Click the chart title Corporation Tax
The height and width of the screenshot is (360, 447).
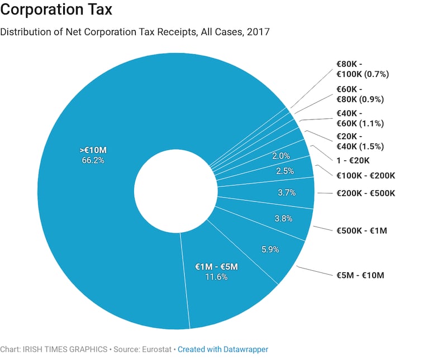(x=56, y=10)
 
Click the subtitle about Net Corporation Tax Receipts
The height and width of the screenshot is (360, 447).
(x=135, y=32)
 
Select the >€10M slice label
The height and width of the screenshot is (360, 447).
(x=92, y=150)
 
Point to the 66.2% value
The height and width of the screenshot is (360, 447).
(x=92, y=160)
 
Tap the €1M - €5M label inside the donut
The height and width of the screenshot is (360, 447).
(x=216, y=267)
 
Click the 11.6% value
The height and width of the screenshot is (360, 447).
(x=216, y=277)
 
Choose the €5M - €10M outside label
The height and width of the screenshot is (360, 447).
(x=360, y=275)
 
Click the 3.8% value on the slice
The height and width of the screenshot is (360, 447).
(x=283, y=218)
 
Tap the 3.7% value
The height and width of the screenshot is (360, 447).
(x=286, y=193)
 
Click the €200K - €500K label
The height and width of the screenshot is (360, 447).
(x=365, y=193)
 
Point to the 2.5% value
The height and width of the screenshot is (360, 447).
(x=284, y=171)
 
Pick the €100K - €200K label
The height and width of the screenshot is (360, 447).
(x=365, y=175)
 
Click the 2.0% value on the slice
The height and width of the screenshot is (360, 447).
(x=280, y=156)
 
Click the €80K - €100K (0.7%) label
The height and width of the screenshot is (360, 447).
(x=362, y=69)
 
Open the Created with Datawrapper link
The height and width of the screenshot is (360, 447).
(x=223, y=349)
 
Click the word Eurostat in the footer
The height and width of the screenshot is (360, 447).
(x=157, y=349)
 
